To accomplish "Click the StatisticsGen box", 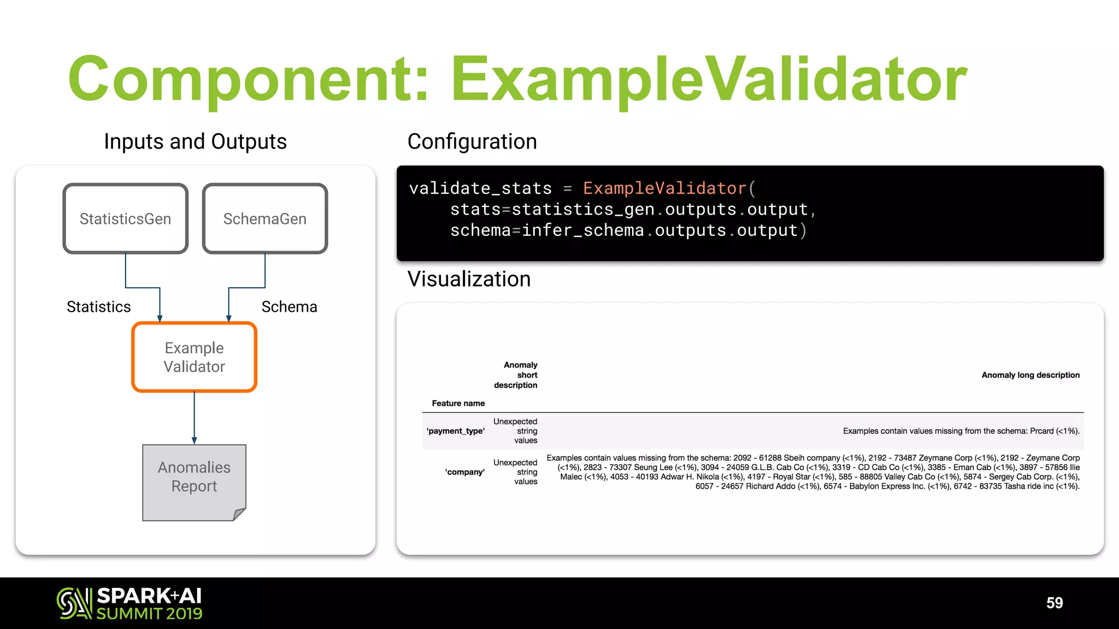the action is tap(125, 218).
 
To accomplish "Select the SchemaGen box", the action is tap(265, 218).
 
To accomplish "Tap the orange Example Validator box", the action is tap(194, 357).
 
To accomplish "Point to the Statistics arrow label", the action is tap(98, 307).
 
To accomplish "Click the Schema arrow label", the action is tap(289, 307).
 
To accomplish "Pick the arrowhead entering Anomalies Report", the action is tap(194, 440).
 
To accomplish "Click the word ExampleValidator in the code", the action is tap(664, 188).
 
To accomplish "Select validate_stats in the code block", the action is tap(480, 188).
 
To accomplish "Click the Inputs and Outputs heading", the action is tap(195, 141).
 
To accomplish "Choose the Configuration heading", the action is tap(472, 141).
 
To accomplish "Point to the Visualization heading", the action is tap(469, 279).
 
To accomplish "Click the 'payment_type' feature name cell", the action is tap(456, 431).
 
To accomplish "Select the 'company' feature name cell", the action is tap(464, 472).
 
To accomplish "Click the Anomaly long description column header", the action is tap(1030, 375).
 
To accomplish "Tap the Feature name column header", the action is tap(458, 403).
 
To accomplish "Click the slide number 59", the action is tap(1055, 603).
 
